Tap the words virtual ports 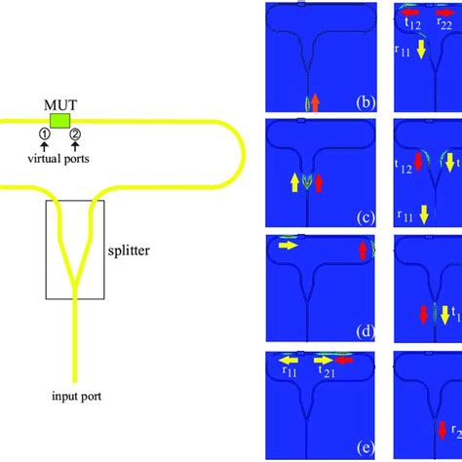(59, 162)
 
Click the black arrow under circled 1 (44, 148)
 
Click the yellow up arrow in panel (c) (293, 181)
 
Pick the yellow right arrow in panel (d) (288, 248)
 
